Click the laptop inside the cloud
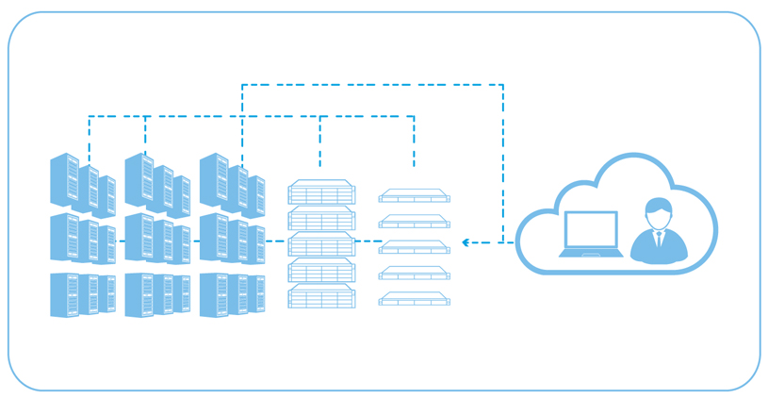pos(591,234)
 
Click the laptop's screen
pos(591,229)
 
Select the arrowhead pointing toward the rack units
pos(466,242)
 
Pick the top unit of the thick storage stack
pos(321,192)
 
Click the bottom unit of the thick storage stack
pos(321,296)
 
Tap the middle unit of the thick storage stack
pos(321,244)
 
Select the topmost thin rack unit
pos(415,196)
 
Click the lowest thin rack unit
pos(415,299)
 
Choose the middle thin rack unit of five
pos(415,247)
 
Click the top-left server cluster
pos(83,183)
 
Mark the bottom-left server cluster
pos(83,294)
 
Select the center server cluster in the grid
pos(157,238)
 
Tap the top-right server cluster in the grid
pos(232,183)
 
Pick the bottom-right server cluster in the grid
pos(232,294)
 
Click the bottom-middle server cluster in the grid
pos(157,294)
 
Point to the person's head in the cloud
pos(658,211)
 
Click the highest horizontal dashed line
pos(372,85)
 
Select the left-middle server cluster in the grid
pos(83,238)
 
